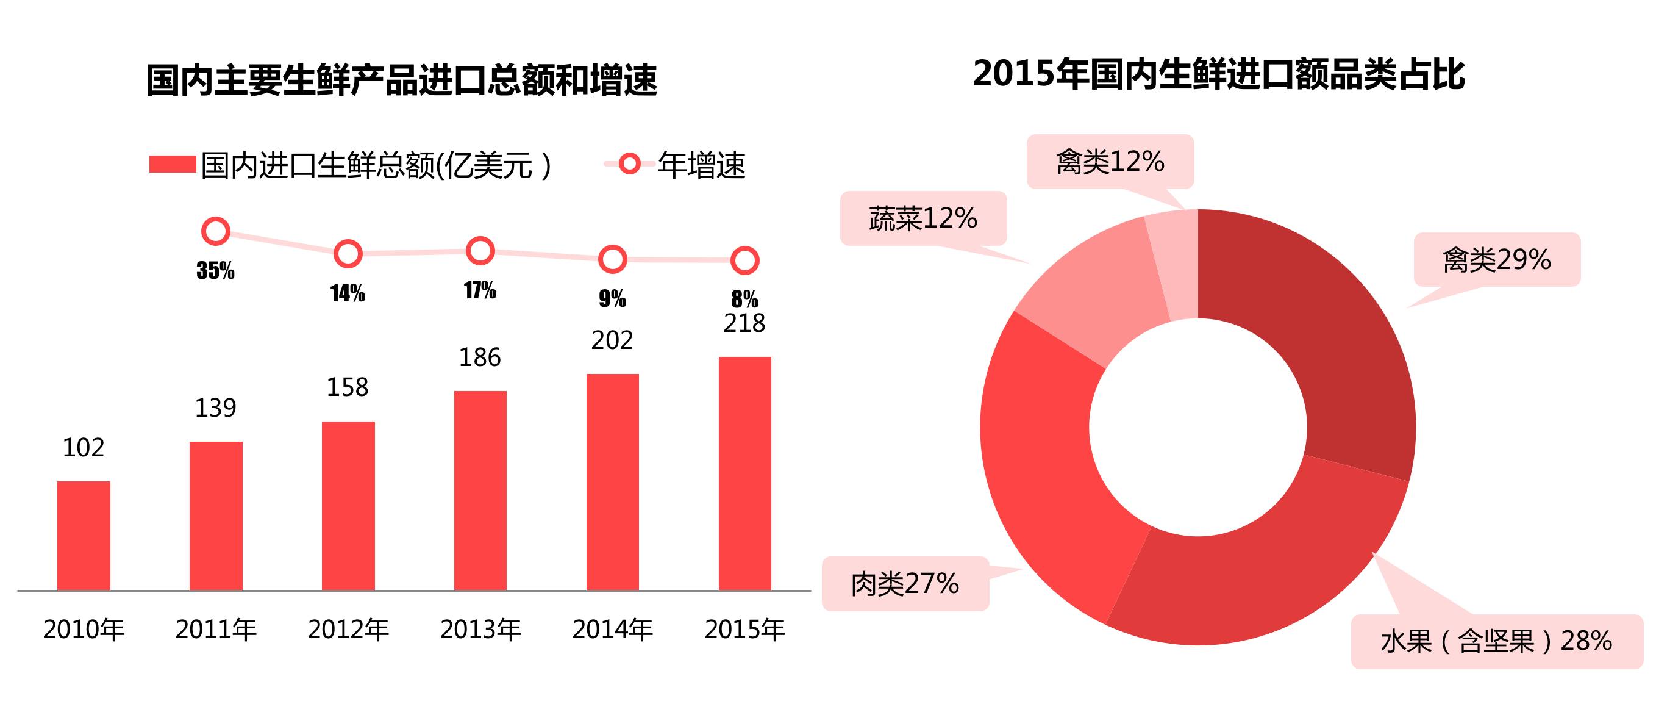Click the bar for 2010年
pyautogui.click(x=84, y=536)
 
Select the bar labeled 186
pyautogui.click(x=480, y=490)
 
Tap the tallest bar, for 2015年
pyautogui.click(x=744, y=473)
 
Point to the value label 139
pyautogui.click(x=215, y=408)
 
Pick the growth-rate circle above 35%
pyautogui.click(x=216, y=231)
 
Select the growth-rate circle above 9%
pyautogui.click(x=612, y=259)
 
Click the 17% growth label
pyautogui.click(x=480, y=290)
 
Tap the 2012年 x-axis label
pyautogui.click(x=348, y=630)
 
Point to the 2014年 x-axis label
pyautogui.click(x=612, y=630)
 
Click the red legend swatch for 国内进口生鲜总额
pyautogui.click(x=173, y=165)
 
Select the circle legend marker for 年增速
pyautogui.click(x=629, y=164)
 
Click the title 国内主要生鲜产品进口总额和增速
pyautogui.click(x=401, y=80)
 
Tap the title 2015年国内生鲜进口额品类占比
pyautogui.click(x=1218, y=74)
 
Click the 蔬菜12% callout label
pyautogui.click(x=923, y=218)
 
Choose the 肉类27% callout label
pyautogui.click(x=905, y=584)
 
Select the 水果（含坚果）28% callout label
pyautogui.click(x=1496, y=641)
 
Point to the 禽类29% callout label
pyautogui.click(x=1497, y=260)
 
